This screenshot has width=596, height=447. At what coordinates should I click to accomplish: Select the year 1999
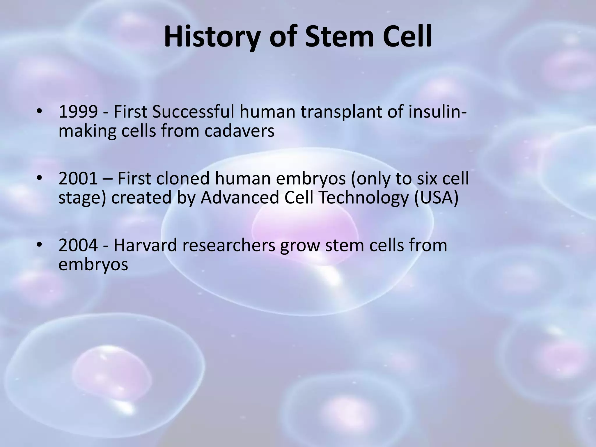[x=78, y=112]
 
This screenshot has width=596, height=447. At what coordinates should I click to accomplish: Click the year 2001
[x=78, y=179]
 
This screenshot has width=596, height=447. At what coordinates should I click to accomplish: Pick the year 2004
[x=78, y=245]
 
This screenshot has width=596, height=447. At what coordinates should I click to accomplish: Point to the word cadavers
[x=239, y=131]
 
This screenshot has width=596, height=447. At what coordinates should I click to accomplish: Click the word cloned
[x=183, y=179]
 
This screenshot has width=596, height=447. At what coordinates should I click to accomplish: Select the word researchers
[x=229, y=245]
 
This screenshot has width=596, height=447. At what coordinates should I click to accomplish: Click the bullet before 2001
[x=40, y=178]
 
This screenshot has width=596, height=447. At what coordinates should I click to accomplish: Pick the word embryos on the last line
[x=93, y=265]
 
